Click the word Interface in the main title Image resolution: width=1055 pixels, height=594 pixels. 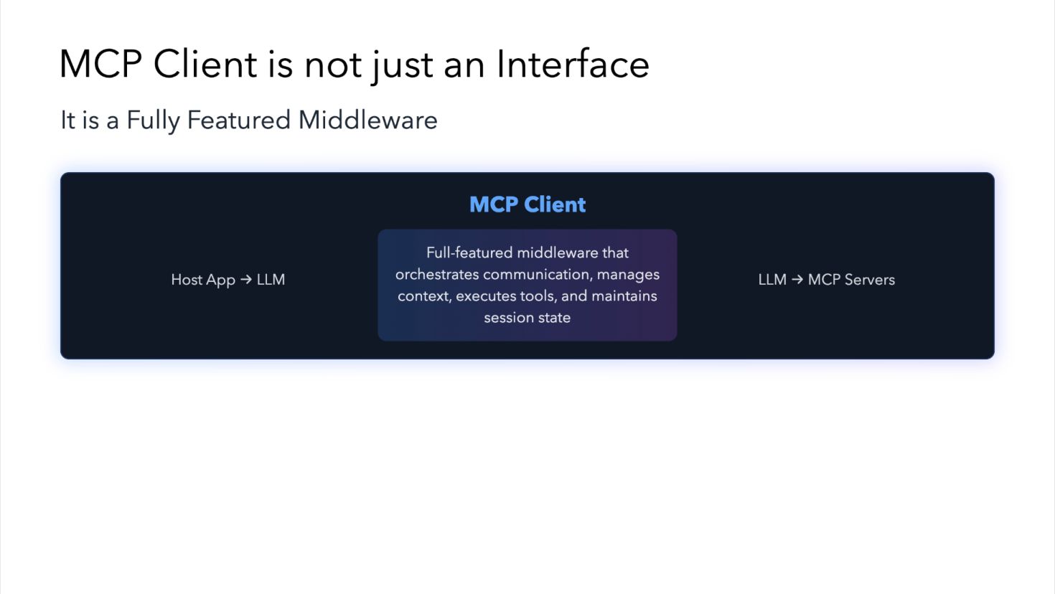tap(573, 65)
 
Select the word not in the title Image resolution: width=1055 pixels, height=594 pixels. tap(333, 65)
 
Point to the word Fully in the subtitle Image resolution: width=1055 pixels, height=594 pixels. tap(153, 121)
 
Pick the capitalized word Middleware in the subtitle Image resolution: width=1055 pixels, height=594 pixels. tap(367, 120)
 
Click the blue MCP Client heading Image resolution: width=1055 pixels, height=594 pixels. tap(527, 204)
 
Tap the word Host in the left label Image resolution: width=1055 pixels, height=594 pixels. tap(186, 280)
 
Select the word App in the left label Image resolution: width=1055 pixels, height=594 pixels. tap(220, 280)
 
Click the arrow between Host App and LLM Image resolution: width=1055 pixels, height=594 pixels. tap(245, 279)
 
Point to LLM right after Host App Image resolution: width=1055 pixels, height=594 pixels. tap(271, 280)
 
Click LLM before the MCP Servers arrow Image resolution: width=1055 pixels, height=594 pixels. tap(772, 280)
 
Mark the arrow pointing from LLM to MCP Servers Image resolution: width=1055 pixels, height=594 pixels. tap(797, 279)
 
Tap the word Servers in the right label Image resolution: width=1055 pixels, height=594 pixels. tap(871, 280)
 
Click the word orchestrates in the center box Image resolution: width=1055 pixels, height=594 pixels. tap(437, 275)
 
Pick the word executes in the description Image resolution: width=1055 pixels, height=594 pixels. tap(484, 296)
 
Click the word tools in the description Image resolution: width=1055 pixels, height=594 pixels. tap(538, 296)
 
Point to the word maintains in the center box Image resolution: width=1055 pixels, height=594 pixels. tap(624, 296)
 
